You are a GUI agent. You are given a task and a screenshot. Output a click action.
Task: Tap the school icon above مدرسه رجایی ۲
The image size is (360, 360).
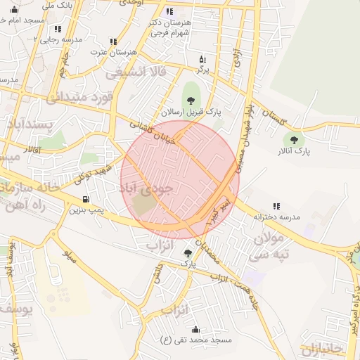pyautogui.click(x=58, y=29)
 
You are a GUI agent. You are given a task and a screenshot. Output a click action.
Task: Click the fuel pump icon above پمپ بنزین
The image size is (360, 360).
pyautogui.click(x=86, y=199)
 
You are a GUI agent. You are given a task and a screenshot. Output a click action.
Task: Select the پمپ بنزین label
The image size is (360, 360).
pyautogui.click(x=86, y=210)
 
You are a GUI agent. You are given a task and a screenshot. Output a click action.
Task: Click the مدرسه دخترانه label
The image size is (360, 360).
pyautogui.click(x=276, y=217)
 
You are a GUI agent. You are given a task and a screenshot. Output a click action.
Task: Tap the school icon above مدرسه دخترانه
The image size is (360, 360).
pyautogui.click(x=276, y=206)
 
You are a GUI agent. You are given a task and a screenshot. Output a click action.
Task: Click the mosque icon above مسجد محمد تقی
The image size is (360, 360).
pyautogui.click(x=195, y=329)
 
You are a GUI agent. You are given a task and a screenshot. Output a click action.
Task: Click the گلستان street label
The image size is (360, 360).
pyautogui.click(x=275, y=117)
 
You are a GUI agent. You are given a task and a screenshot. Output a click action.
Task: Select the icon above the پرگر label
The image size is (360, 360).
pyautogui.click(x=202, y=59)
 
